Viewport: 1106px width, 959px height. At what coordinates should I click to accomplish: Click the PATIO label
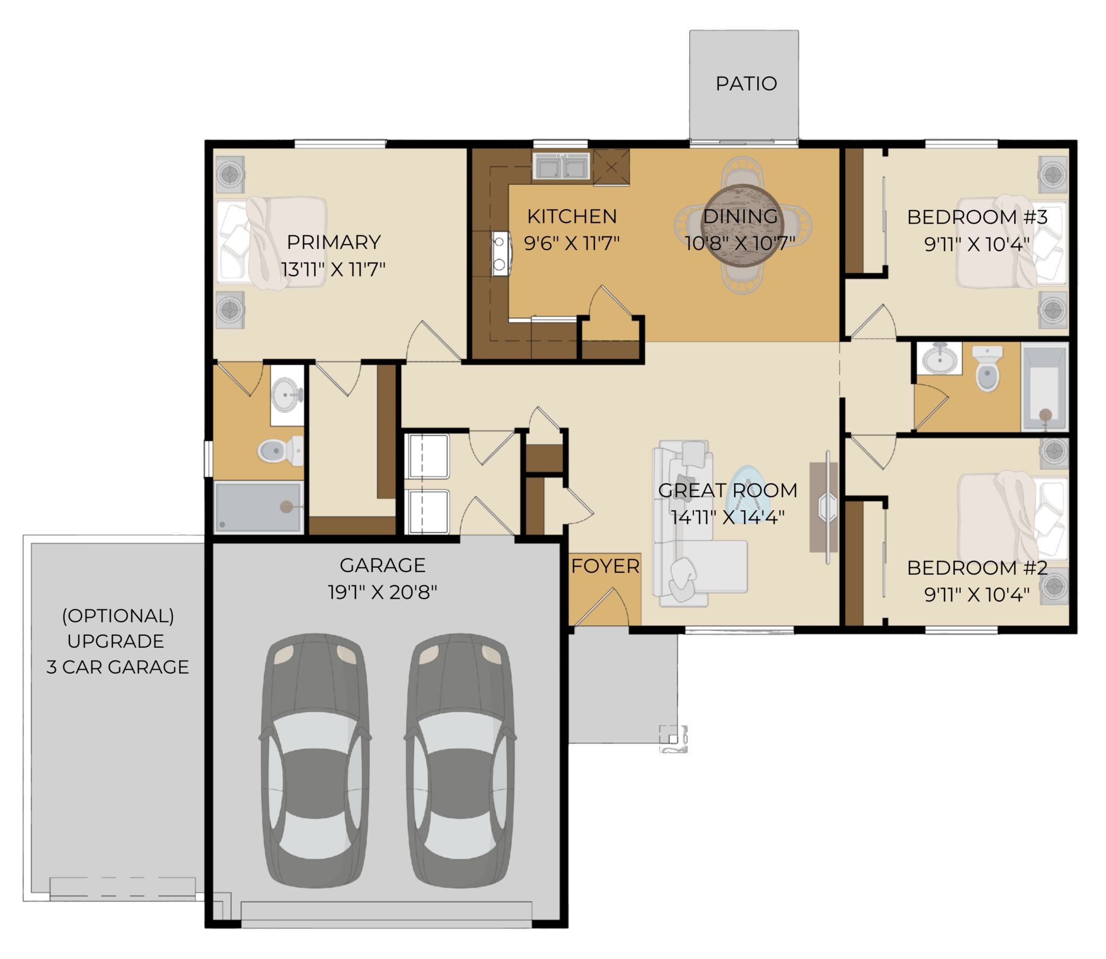click(x=746, y=84)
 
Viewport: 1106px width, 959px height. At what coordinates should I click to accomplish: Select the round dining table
click(x=743, y=225)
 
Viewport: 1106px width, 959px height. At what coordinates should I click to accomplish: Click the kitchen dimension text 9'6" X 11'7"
click(x=571, y=243)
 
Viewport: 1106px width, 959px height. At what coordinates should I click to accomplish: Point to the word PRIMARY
click(x=334, y=242)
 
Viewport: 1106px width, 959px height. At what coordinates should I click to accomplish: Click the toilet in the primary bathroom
click(x=280, y=450)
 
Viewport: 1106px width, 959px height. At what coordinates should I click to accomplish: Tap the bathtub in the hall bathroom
click(x=1044, y=386)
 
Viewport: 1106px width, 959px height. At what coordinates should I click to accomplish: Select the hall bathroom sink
click(x=940, y=358)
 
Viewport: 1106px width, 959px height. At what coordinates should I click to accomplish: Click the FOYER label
click(x=605, y=566)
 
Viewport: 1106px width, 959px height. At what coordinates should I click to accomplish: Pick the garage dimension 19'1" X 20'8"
click(x=382, y=592)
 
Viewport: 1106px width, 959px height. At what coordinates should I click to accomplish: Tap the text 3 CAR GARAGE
click(x=118, y=667)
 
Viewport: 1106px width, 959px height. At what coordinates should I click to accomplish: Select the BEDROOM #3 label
click(x=977, y=217)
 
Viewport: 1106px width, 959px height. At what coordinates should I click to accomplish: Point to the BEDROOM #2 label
click(x=977, y=568)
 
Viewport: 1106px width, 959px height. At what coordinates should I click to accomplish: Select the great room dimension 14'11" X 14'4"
click(x=727, y=517)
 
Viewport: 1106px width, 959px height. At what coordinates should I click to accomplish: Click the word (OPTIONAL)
click(x=118, y=616)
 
